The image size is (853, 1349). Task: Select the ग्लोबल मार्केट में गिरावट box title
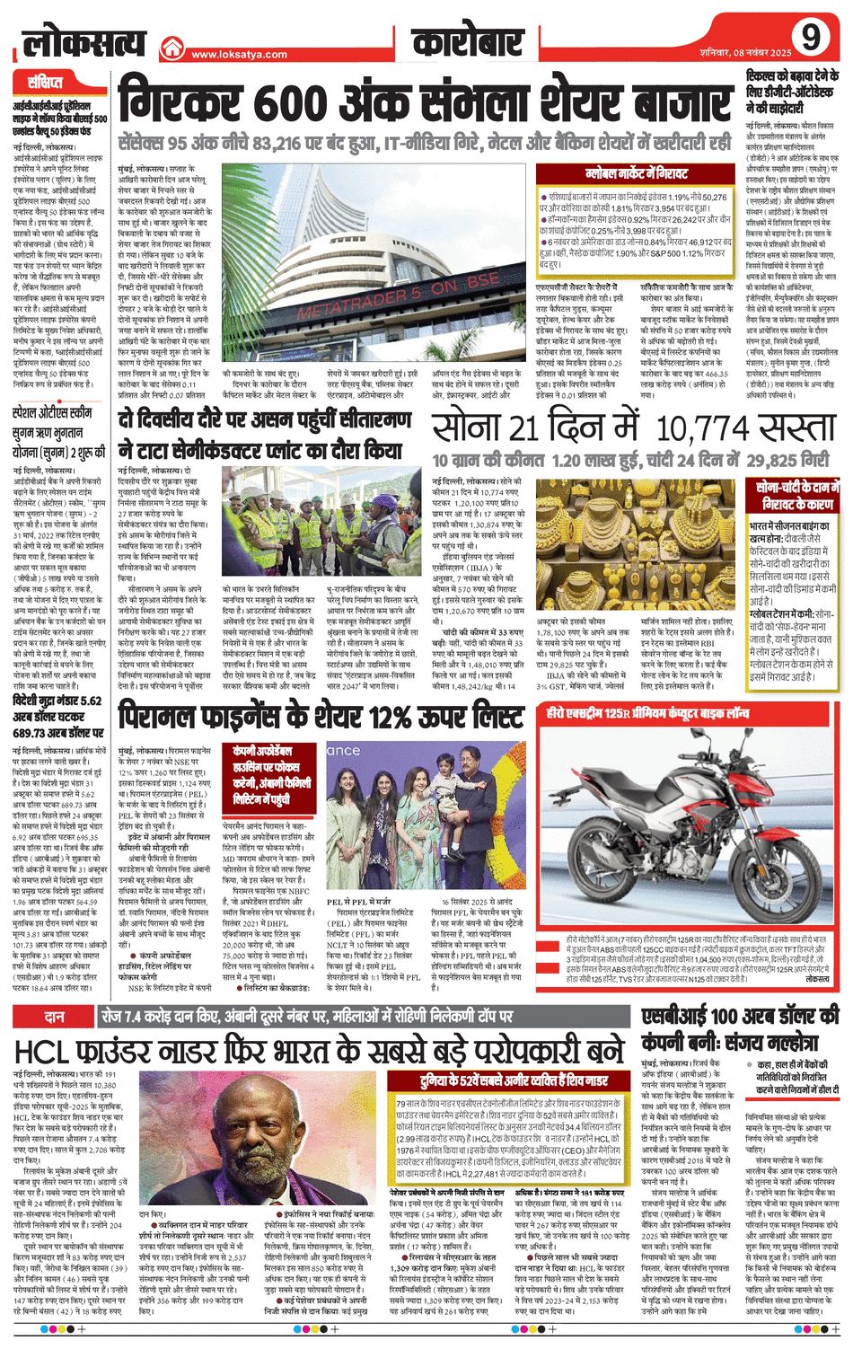click(637, 169)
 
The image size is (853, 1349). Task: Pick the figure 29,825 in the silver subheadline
click(776, 461)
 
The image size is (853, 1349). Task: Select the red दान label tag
click(53, 1016)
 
